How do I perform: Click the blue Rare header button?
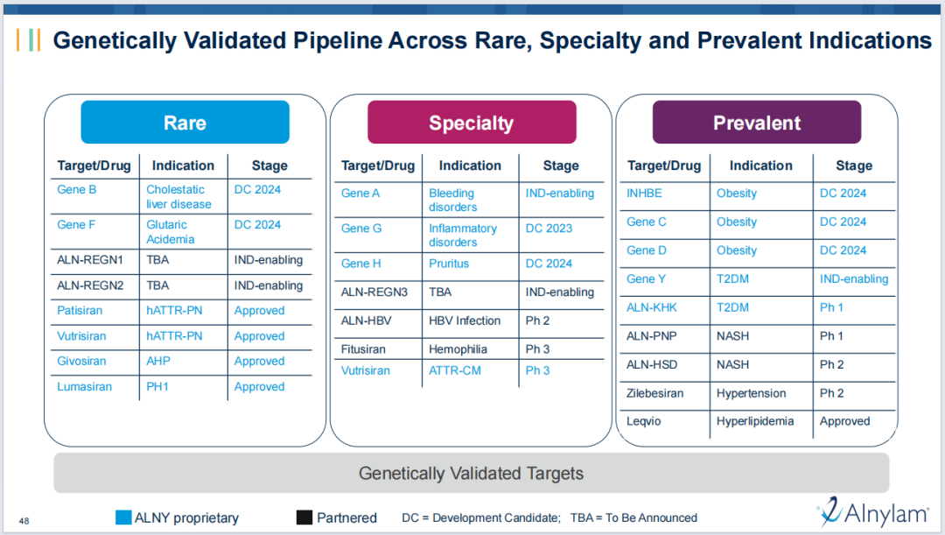185,123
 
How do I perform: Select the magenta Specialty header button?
472,123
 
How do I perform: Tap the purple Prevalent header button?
757,123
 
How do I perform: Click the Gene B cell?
76,189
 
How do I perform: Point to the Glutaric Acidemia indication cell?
171,232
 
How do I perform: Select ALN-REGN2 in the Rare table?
90,285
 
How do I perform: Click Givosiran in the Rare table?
81,361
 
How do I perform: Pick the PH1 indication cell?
157,387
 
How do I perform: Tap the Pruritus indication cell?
449,264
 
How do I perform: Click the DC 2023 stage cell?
549,229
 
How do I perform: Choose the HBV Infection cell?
465,320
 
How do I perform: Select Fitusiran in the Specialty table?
363,349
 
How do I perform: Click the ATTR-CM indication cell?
455,370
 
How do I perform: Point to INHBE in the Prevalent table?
644,193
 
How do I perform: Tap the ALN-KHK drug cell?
652,307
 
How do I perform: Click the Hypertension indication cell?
751,393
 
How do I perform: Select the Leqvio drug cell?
644,421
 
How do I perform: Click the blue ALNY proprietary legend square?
123,517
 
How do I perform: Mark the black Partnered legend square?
304,517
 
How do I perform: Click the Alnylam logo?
873,513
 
